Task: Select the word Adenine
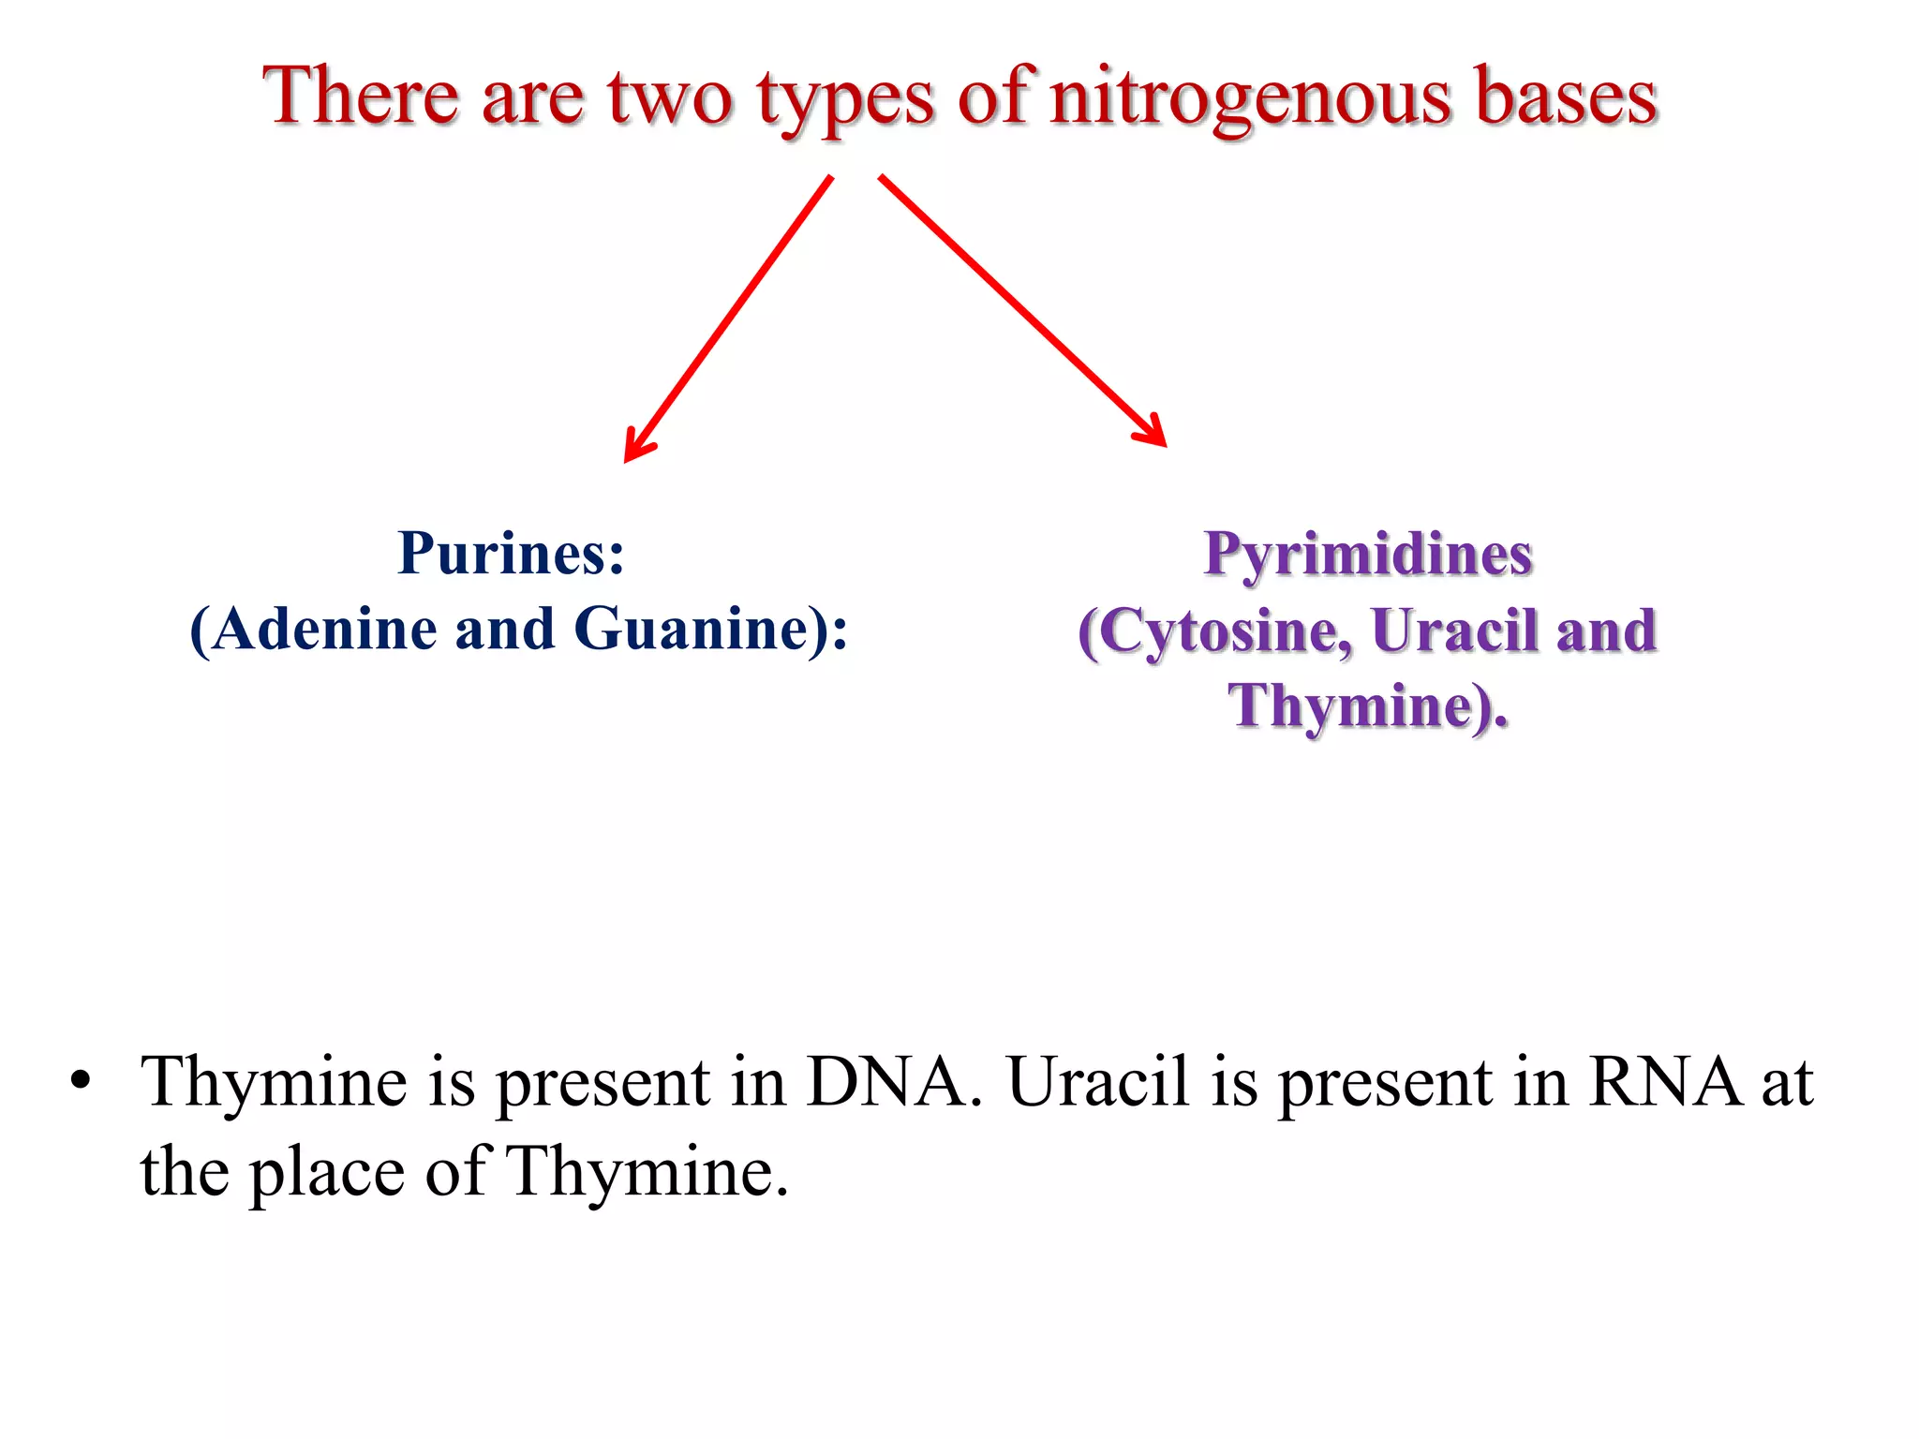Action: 324,629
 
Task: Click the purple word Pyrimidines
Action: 1367,555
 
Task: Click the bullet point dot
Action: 81,1080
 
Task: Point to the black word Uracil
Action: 1097,1082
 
